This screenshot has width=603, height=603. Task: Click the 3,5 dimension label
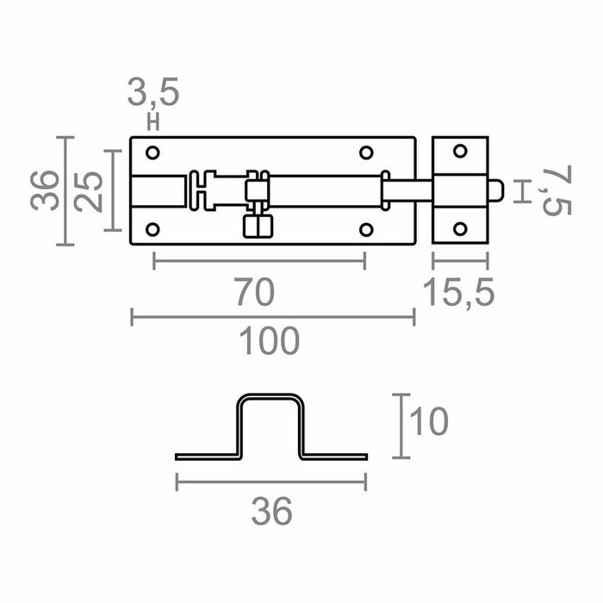click(x=153, y=92)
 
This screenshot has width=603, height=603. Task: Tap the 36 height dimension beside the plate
click(x=47, y=190)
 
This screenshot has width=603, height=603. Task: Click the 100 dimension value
click(x=270, y=341)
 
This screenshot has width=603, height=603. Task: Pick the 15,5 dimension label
click(x=460, y=293)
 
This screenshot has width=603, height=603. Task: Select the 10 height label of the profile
click(x=428, y=423)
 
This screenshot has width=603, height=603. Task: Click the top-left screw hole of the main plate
click(x=153, y=153)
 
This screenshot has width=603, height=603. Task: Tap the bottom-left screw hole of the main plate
click(x=153, y=229)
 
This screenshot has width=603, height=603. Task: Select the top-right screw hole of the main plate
click(x=365, y=153)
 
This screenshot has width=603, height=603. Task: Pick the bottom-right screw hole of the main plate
click(x=365, y=229)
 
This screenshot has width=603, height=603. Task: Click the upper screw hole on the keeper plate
click(x=460, y=152)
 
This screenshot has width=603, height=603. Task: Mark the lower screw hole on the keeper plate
click(x=460, y=229)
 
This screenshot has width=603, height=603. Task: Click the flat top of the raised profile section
click(x=271, y=397)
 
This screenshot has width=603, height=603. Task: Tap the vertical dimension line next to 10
click(x=401, y=426)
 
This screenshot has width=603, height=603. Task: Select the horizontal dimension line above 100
click(x=272, y=319)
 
